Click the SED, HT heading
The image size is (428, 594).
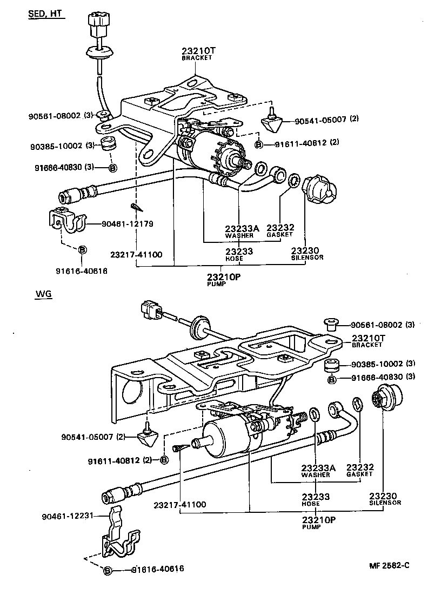tap(46, 14)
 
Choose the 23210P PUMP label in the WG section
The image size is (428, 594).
tap(318, 522)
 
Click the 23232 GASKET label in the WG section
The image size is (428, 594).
tap(359, 470)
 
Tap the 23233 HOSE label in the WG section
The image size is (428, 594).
tap(316, 499)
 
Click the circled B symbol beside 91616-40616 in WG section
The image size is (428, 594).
tap(107, 570)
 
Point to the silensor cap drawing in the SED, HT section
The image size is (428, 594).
tap(319, 189)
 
